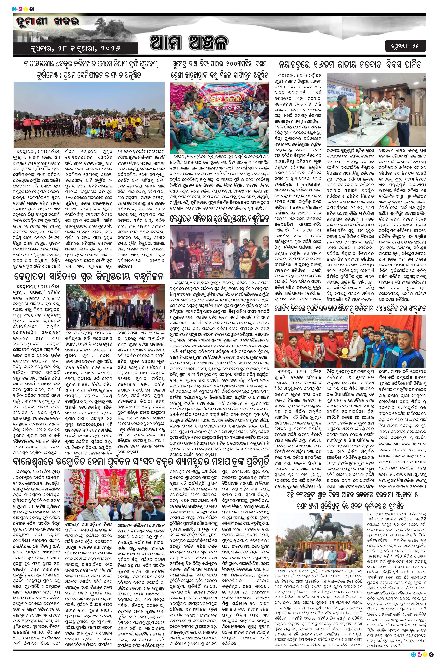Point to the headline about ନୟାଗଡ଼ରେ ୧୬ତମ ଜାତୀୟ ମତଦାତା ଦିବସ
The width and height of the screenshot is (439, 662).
[351, 65]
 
